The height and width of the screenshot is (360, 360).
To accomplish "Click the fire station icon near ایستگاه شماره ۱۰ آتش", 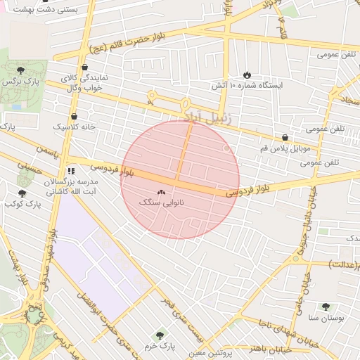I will [x=247, y=75].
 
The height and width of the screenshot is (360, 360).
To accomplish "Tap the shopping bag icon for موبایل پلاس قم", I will [x=284, y=138].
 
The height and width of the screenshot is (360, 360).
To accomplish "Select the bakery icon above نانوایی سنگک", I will [x=162, y=192].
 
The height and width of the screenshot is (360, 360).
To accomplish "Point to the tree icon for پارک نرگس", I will [x=21, y=69].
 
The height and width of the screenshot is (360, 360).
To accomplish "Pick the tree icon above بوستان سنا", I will [x=326, y=307].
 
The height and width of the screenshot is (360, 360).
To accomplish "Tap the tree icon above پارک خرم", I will [x=161, y=335].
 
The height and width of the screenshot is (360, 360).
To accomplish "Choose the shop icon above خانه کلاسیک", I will [x=74, y=117].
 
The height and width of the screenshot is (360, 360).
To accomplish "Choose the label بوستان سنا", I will [x=325, y=319].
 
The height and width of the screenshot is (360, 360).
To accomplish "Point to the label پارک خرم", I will [x=161, y=347].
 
